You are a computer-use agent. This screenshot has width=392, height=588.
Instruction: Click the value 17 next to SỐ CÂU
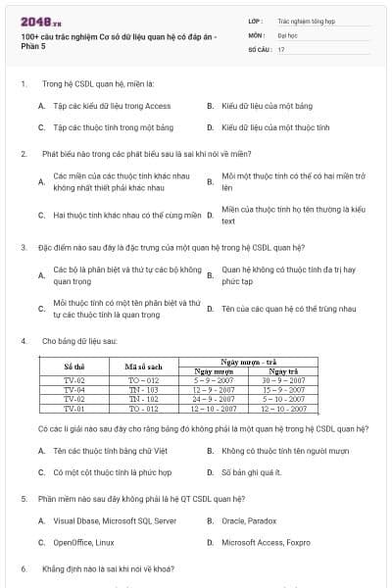281,47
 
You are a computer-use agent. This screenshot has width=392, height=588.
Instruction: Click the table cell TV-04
74,390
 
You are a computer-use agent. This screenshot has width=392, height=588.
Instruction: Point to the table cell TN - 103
143,390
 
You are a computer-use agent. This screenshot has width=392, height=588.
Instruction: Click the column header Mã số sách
143,367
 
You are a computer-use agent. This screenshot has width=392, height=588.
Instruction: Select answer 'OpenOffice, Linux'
83,542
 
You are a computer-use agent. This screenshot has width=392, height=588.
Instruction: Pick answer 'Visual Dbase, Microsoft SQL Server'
115,520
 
